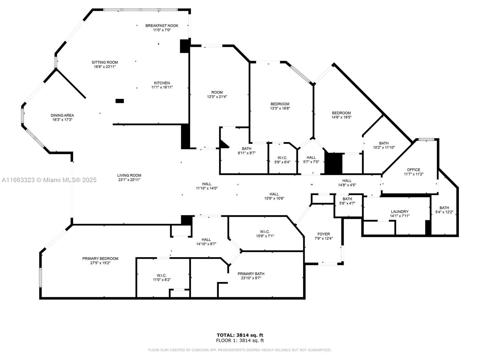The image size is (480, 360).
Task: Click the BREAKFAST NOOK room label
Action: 162,26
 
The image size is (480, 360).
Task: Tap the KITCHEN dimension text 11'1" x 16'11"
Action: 162,87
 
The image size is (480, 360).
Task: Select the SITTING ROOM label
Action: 105,62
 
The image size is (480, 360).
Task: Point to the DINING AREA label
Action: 62,115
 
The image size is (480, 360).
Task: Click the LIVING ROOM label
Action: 129,175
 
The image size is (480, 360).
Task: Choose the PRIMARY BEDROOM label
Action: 100,259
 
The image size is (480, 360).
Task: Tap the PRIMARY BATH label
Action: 251,274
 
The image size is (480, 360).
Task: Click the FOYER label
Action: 323,234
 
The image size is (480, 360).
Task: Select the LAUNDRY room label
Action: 400,211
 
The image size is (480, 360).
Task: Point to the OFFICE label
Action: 413,170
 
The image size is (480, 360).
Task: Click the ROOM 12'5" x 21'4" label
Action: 217,92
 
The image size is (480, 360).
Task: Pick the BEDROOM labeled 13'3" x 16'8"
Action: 280,104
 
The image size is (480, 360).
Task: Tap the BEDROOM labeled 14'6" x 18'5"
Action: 341,113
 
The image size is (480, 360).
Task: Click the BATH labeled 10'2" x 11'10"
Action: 384,143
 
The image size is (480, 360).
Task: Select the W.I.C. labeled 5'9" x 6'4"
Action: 282,158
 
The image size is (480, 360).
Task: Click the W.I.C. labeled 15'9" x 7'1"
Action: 265,232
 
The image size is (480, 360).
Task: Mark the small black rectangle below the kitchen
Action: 120,101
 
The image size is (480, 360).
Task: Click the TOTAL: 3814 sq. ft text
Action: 240,335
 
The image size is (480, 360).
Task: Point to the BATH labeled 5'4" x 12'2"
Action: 444,208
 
